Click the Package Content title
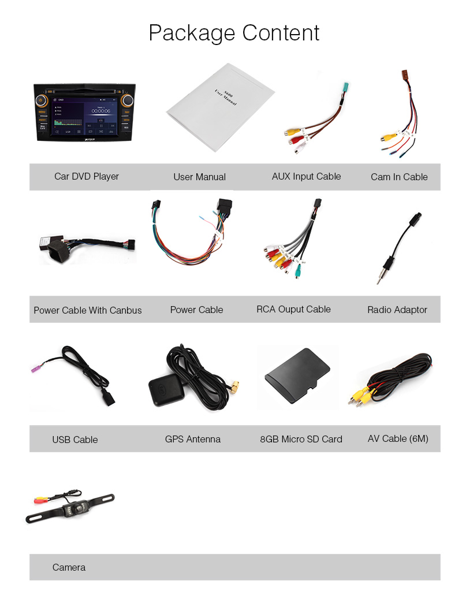234,33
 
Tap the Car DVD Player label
87,177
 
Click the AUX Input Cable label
306,177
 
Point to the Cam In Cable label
399,177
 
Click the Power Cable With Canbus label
88,310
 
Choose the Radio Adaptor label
397,310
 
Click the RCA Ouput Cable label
293,309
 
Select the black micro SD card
297,374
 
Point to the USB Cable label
75,440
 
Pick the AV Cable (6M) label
398,439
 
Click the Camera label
69,567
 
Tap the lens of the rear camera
72,511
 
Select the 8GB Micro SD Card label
301,439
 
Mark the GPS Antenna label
193,439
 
